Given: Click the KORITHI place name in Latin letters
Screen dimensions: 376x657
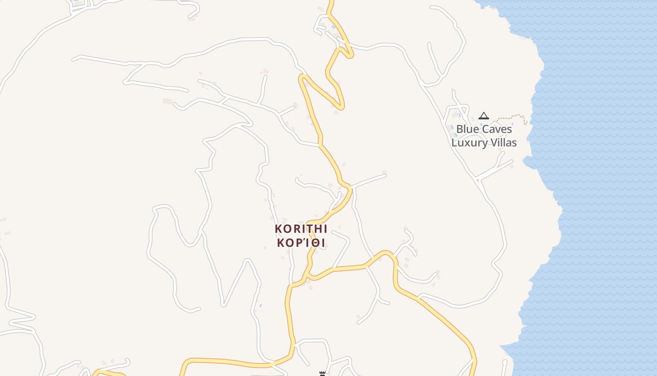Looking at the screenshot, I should coord(301,229).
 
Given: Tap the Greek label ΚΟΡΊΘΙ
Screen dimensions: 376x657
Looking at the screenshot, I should coord(301,243).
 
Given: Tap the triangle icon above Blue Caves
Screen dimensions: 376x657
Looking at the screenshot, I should coord(483,116).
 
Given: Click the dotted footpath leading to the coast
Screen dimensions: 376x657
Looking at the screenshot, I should coord(509,117).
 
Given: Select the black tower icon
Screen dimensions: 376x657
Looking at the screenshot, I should coord(322,374).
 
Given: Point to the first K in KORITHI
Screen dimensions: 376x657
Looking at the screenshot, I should coord(278,229).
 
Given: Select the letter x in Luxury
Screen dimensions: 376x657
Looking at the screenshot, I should coord(476,143).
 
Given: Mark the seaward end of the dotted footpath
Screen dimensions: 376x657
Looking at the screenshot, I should coord(527,123).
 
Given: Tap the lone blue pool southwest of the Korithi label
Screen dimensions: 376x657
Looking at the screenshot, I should coord(260,305).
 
